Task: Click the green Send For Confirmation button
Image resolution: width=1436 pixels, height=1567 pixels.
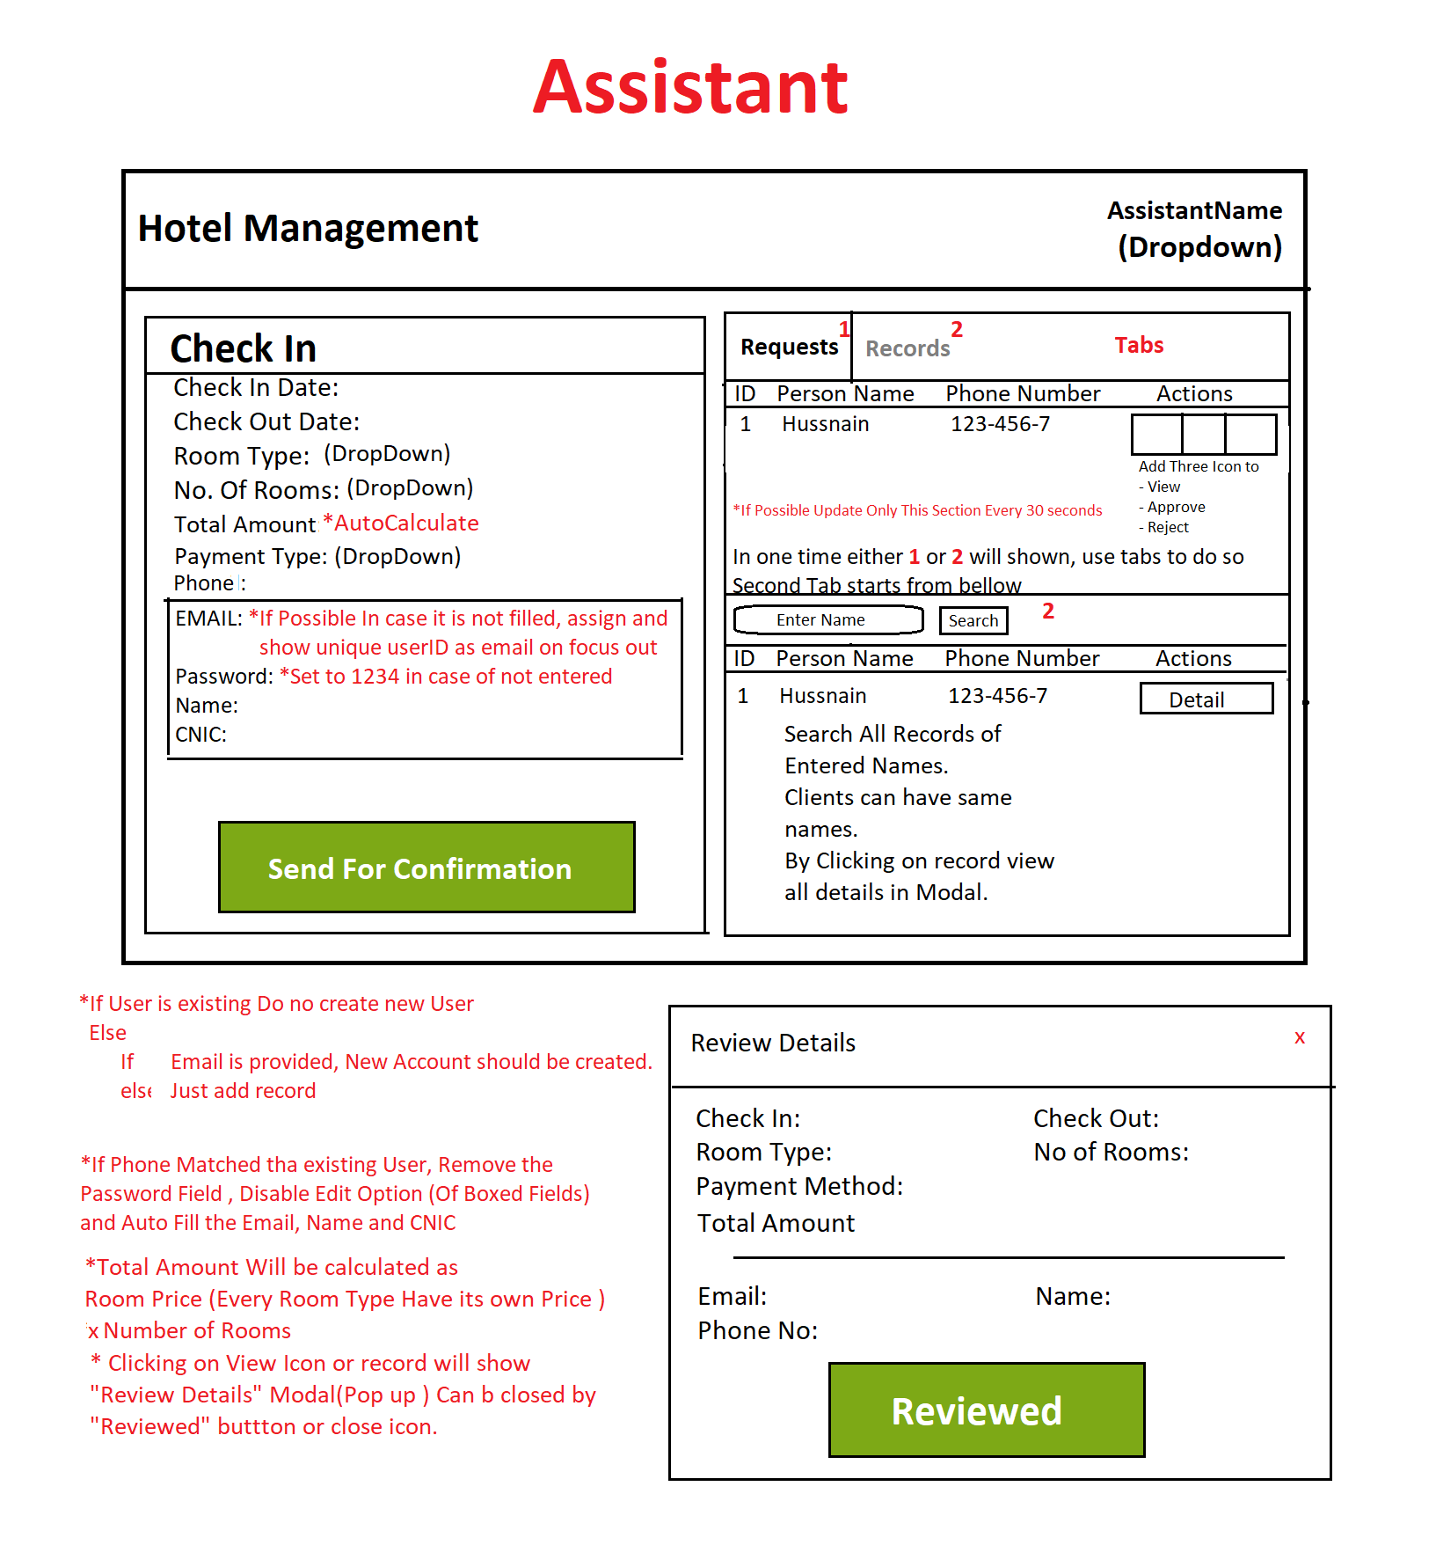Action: (426, 868)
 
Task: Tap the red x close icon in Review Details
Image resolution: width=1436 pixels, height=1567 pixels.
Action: (1299, 1038)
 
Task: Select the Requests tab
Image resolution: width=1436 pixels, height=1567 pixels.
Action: (789, 347)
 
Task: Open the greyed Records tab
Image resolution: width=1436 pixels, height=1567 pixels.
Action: (908, 348)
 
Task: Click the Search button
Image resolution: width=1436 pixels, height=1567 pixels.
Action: (973, 621)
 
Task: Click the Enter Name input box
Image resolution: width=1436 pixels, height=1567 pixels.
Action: (828, 620)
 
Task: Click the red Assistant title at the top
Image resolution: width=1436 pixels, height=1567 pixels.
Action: (690, 87)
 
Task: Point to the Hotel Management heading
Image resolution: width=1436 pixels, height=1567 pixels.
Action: (308, 229)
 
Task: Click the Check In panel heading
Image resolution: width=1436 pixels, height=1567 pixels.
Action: (243, 348)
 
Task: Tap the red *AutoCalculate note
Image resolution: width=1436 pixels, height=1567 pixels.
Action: (401, 524)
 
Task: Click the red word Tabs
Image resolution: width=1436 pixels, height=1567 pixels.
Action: (1139, 345)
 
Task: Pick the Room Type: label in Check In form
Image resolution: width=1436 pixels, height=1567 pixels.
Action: (242, 457)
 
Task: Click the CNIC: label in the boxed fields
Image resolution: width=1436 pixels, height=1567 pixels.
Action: (201, 735)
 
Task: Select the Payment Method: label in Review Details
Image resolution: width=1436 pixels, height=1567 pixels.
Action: (799, 1187)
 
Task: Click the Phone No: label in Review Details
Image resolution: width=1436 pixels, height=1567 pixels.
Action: (757, 1331)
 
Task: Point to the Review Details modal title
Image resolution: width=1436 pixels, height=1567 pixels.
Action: (773, 1043)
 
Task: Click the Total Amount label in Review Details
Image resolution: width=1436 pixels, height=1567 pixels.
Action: (776, 1224)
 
